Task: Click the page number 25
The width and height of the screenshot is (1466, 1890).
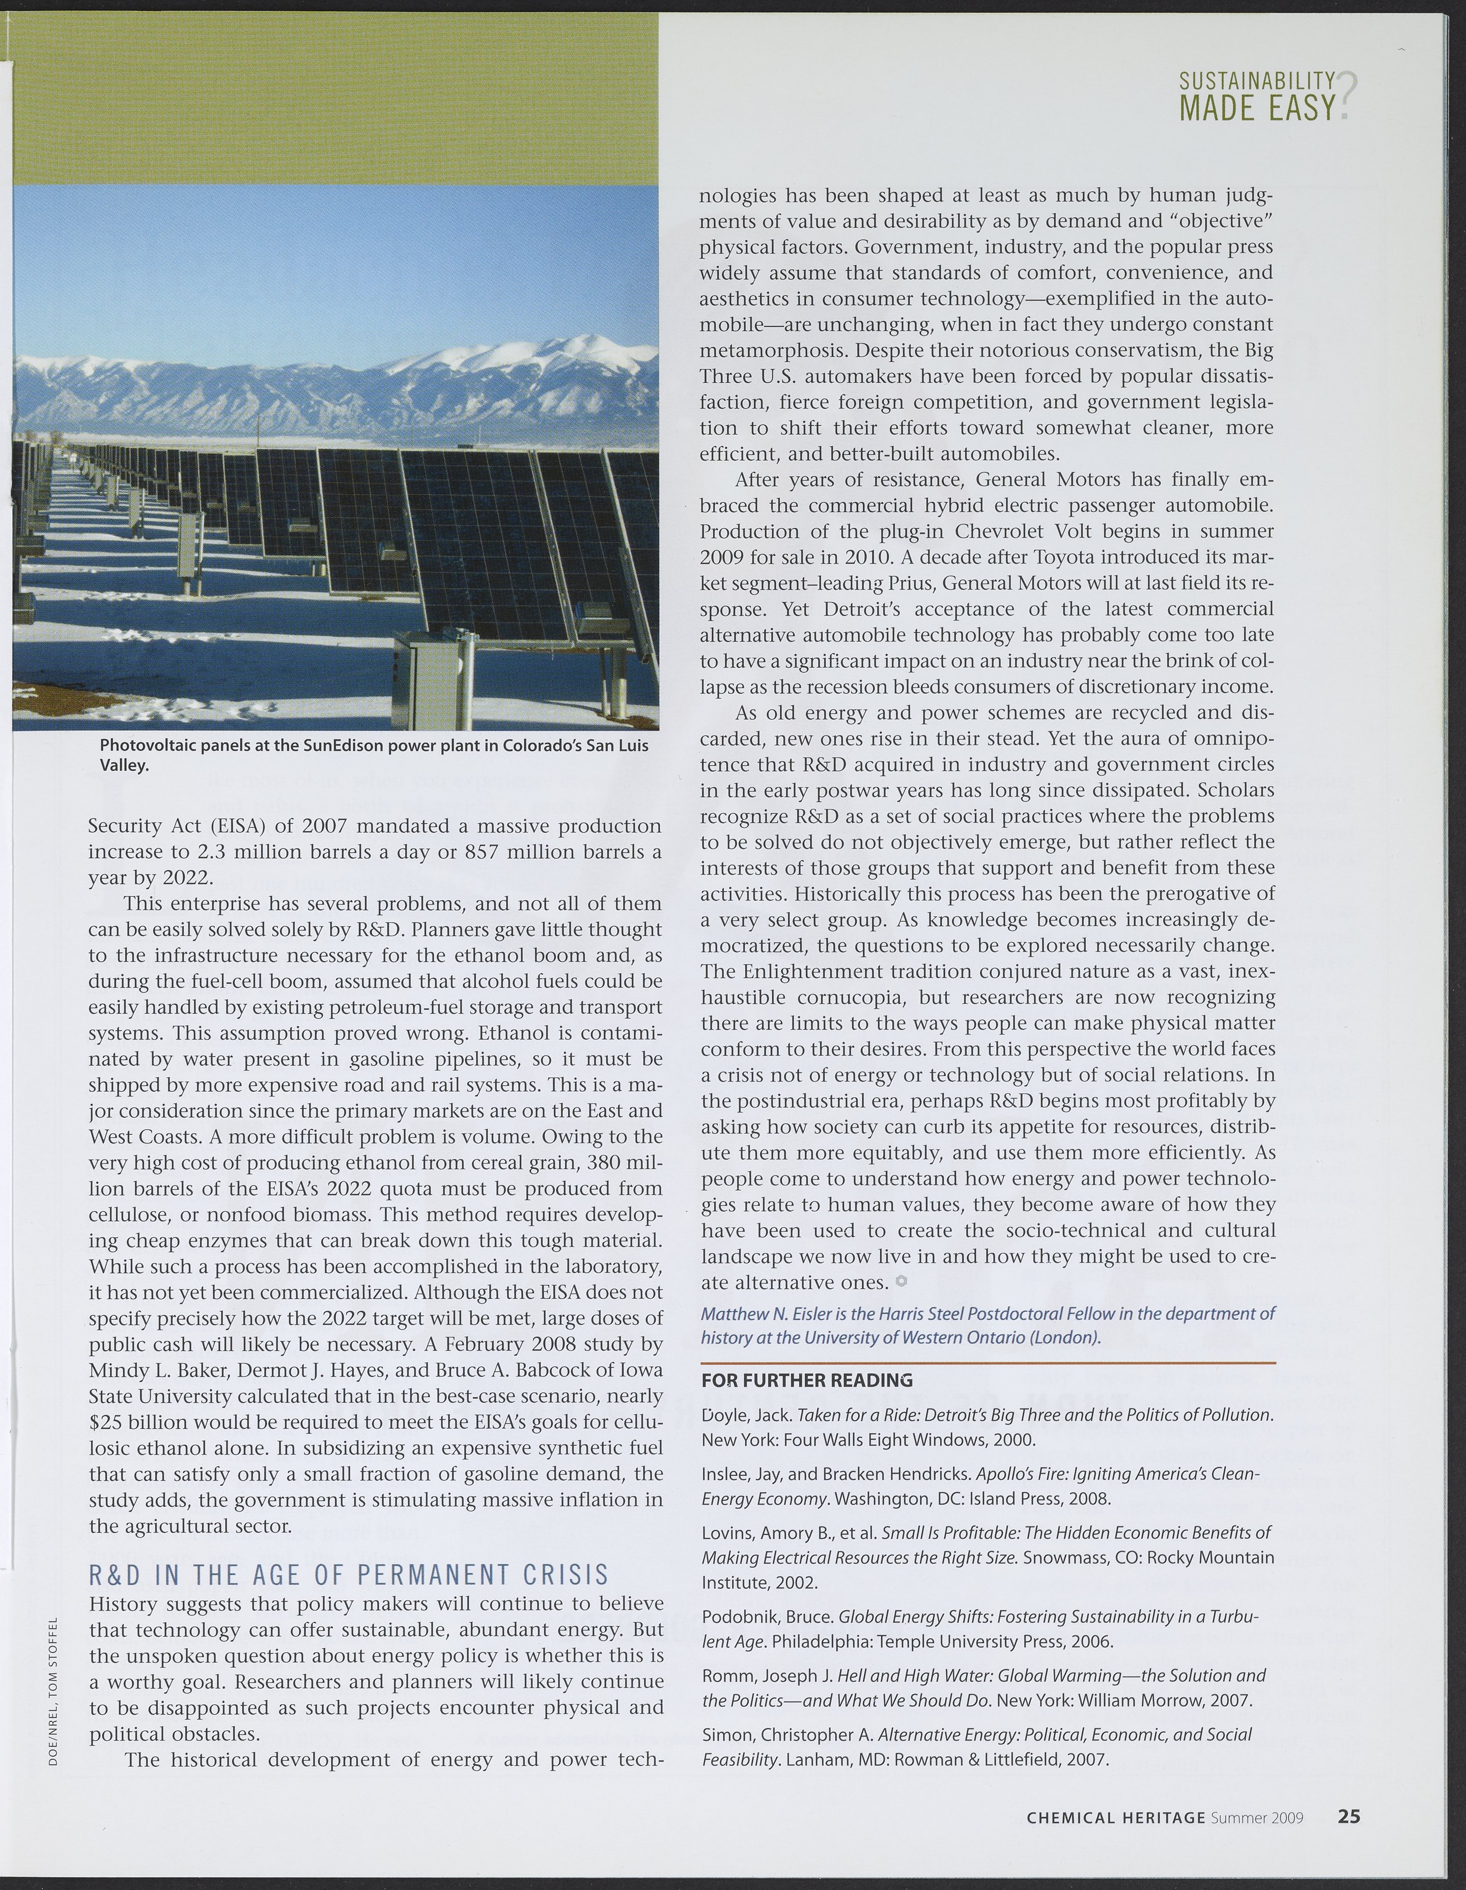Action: (x=1348, y=1816)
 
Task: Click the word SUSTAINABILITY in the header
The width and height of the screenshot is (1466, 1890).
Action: (x=1257, y=82)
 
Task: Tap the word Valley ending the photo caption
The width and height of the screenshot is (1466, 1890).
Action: (x=123, y=765)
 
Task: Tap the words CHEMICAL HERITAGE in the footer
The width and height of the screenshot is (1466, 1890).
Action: (x=1115, y=1817)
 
